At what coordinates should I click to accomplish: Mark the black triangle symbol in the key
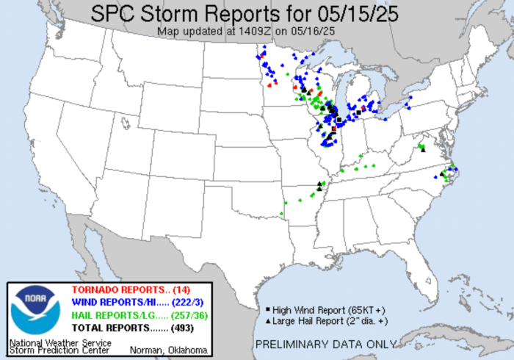click(x=268, y=322)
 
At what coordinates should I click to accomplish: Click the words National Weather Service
click(x=59, y=342)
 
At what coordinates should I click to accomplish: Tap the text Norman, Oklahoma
click(x=168, y=350)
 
